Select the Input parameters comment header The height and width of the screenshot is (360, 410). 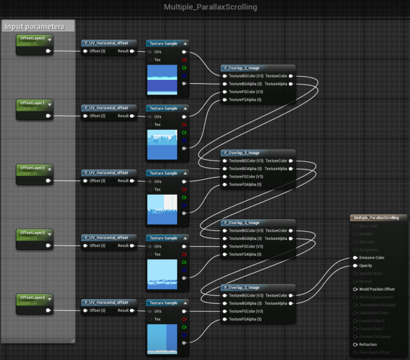(x=35, y=26)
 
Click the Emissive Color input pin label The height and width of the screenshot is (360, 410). (x=371, y=257)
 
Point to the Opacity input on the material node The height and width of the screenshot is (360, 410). (x=365, y=266)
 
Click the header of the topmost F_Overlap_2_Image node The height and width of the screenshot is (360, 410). (x=258, y=68)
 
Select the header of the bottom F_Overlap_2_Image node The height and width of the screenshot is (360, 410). (x=258, y=287)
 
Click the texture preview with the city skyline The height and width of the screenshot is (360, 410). (x=162, y=144)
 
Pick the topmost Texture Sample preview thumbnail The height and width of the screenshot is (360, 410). (x=162, y=80)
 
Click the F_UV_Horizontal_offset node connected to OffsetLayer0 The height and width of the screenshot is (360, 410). (x=109, y=43)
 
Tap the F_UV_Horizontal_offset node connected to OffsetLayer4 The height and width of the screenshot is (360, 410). (x=109, y=303)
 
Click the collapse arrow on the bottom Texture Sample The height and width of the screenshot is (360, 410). (x=185, y=303)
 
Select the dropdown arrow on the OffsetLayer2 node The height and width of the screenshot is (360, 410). (x=49, y=169)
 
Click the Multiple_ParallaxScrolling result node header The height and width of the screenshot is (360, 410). (x=378, y=218)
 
